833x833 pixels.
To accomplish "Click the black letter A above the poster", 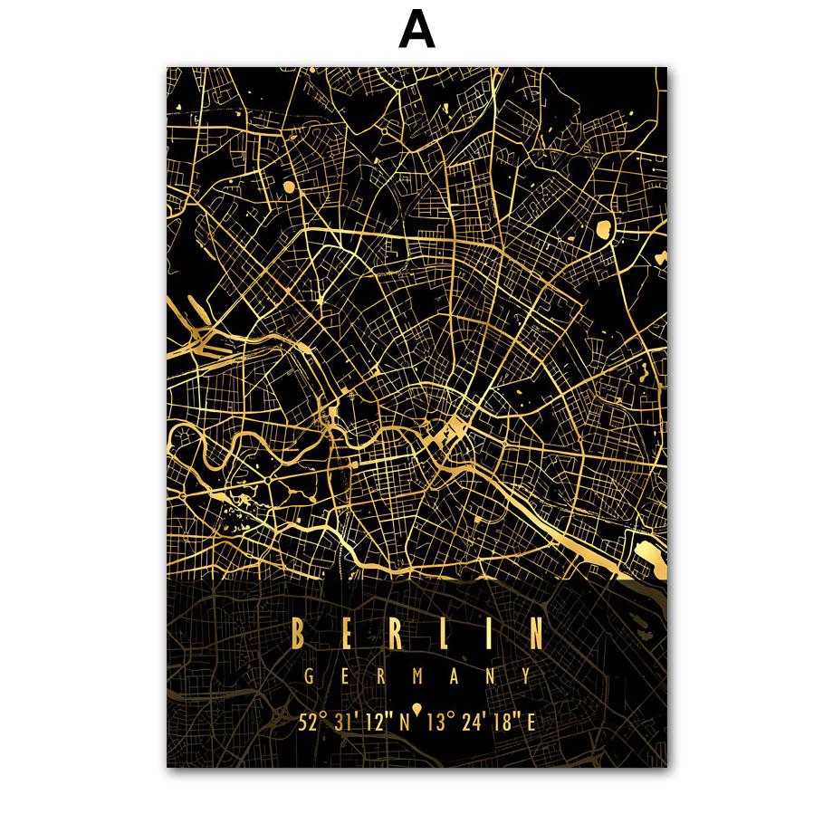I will pyautogui.click(x=416, y=32).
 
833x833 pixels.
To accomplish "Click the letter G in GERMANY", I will pyautogui.click(x=310, y=676).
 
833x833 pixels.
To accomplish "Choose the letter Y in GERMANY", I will pyautogui.click(x=526, y=676).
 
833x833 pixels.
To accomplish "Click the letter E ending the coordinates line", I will pyautogui.click(x=531, y=722).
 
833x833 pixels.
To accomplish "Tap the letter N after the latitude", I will pyautogui.click(x=406, y=722).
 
